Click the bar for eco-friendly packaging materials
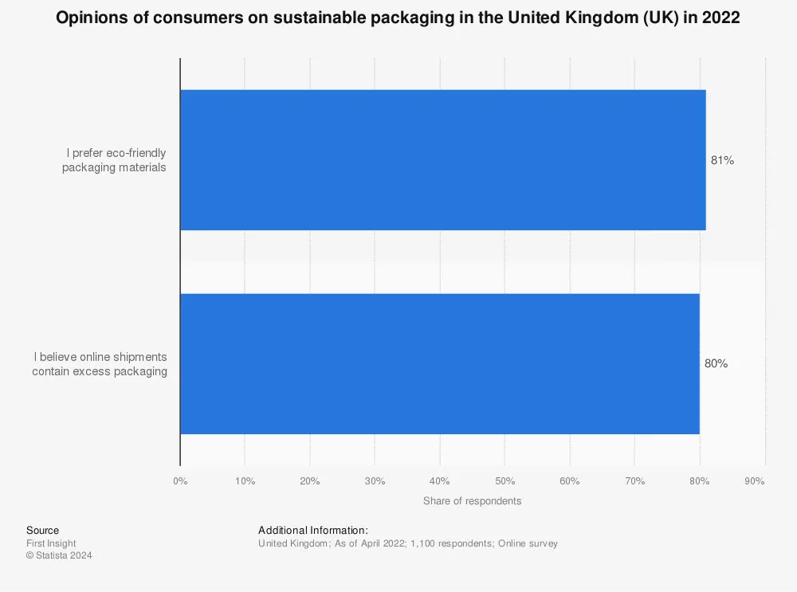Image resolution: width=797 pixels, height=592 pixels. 442,160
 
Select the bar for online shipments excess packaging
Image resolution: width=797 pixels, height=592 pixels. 439,364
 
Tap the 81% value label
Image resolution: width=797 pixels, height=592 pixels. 722,160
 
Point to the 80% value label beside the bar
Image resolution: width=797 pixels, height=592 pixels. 716,364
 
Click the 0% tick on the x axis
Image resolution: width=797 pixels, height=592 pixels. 180,481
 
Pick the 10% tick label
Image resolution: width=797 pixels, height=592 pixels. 245,481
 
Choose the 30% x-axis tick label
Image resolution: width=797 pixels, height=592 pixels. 375,481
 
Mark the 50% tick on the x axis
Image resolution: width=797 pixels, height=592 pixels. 505,481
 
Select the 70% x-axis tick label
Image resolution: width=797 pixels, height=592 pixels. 634,481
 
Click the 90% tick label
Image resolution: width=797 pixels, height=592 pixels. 754,481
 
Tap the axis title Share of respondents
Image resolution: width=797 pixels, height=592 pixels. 472,501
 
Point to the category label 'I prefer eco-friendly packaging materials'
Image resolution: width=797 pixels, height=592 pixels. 114,160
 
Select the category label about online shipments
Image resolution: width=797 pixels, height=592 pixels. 100,364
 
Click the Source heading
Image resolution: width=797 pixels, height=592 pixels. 42,531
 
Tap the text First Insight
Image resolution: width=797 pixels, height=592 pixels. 51,543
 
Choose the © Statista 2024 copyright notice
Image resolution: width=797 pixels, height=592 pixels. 58,555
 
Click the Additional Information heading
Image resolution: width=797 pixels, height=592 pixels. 312,531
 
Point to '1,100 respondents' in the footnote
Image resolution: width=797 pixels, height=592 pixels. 452,543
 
